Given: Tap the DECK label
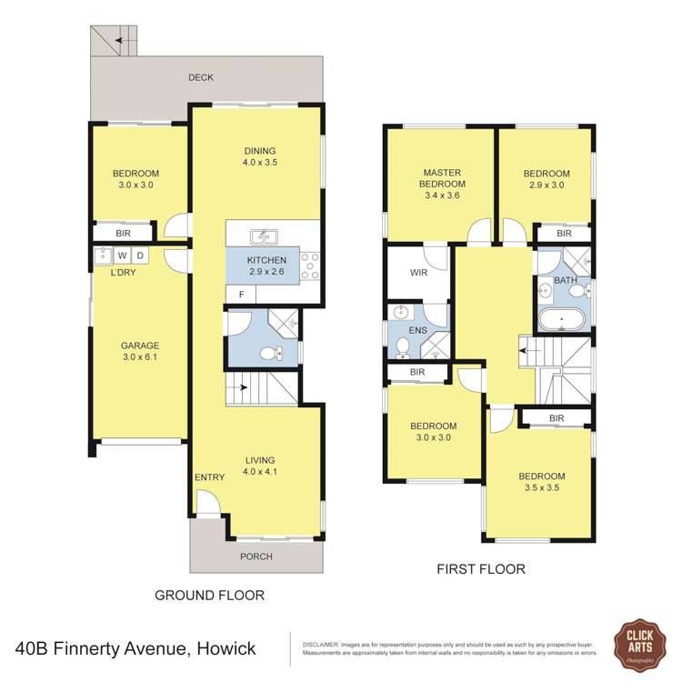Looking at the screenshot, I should click(x=201, y=78).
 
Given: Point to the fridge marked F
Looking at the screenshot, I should click(x=241, y=294).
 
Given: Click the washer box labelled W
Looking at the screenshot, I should click(x=121, y=255).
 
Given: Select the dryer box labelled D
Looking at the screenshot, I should click(x=141, y=255).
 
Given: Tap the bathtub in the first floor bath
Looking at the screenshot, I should click(x=562, y=320).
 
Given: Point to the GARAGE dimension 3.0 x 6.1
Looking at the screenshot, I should click(x=140, y=358).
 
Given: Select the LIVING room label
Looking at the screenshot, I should click(x=259, y=460).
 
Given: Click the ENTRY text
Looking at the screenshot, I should click(x=209, y=477).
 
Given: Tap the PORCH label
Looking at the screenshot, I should click(x=256, y=557).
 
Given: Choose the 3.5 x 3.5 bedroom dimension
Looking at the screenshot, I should click(x=542, y=489).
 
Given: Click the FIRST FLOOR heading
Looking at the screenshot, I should click(x=481, y=570).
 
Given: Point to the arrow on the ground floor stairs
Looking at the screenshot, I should click(x=246, y=387).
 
